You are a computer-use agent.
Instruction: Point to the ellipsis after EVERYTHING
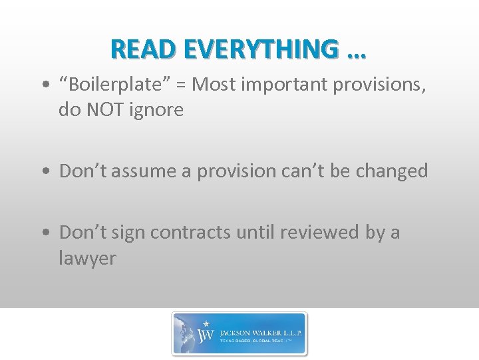point(356,52)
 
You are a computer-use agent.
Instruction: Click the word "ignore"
point(160,110)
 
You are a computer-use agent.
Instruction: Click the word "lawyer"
point(87,258)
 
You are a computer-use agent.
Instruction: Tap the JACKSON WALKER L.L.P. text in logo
point(259,330)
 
